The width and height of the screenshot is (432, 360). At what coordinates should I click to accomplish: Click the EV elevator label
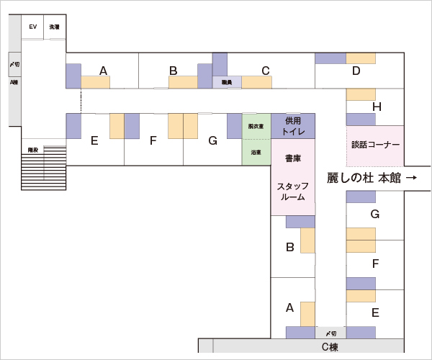tap(32, 27)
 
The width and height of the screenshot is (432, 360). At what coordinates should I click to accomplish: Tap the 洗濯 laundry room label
tap(54, 27)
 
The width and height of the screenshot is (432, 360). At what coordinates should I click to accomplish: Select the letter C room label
tap(265, 71)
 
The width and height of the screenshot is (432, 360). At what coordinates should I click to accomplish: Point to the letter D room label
tap(356, 71)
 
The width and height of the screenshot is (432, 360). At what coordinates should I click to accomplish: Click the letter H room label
tap(376, 107)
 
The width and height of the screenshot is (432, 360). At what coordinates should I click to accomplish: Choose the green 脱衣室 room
tap(256, 126)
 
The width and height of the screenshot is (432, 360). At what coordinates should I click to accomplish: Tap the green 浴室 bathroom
tap(256, 153)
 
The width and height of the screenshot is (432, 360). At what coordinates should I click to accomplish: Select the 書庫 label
tap(292, 158)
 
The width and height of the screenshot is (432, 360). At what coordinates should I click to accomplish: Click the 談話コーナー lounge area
tap(375, 145)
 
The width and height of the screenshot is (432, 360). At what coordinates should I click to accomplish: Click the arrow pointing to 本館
tap(412, 178)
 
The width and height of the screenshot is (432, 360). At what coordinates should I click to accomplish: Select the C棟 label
tap(329, 347)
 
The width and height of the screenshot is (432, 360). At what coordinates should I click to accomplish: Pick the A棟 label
tap(14, 82)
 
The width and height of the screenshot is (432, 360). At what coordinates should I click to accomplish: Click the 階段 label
tap(32, 150)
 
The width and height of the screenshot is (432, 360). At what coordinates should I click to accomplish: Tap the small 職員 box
tap(226, 82)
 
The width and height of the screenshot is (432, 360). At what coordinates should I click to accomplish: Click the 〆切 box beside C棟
tap(330, 333)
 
